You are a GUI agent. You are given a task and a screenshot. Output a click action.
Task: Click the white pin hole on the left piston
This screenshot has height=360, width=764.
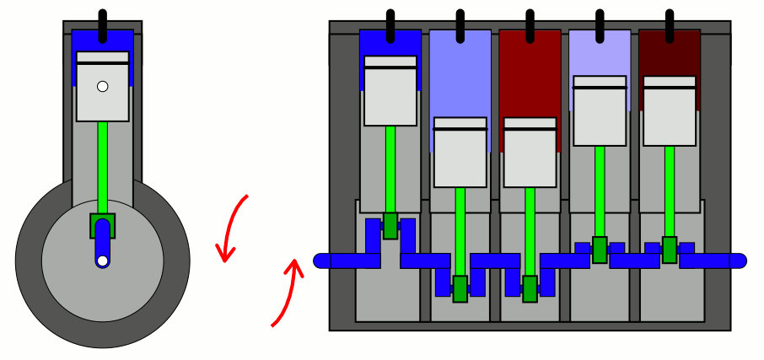(103, 86)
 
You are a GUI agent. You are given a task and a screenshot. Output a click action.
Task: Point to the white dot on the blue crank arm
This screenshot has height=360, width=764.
(103, 261)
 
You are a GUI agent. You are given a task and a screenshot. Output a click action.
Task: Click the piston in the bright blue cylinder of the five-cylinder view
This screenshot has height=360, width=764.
(390, 91)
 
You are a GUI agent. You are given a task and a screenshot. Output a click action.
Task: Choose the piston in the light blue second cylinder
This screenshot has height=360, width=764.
(460, 153)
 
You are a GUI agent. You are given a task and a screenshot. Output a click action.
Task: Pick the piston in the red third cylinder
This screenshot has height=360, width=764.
(530, 153)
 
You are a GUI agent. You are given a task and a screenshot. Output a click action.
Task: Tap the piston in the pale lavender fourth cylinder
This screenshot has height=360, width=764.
(600, 111)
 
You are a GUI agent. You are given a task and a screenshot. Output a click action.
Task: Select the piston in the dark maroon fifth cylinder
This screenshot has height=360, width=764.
(670, 111)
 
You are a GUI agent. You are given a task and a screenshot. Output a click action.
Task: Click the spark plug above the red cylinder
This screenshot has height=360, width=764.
(530, 25)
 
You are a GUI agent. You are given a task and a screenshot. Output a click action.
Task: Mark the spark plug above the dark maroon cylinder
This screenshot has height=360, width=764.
(670, 25)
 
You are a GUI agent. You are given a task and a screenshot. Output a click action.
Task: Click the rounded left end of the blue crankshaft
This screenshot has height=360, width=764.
(321, 261)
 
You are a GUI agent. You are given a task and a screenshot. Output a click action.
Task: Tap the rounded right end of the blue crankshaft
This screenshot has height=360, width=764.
(739, 261)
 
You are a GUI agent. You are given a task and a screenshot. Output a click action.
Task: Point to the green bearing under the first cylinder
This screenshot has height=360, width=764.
(390, 226)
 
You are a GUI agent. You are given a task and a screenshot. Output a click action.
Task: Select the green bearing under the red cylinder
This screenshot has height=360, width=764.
(530, 288)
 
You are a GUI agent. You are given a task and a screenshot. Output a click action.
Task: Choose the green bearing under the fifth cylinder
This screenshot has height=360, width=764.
(670, 250)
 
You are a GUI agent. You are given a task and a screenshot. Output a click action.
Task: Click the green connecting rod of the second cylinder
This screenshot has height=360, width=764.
(460, 231)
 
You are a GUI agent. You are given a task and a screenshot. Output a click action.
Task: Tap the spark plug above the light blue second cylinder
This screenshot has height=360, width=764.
(460, 25)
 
